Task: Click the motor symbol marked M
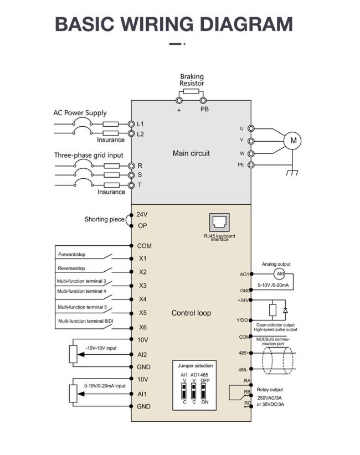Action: pos(292,141)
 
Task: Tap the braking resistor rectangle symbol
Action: pos(191,92)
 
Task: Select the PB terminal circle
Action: pos(203,101)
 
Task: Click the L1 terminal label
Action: pos(140,124)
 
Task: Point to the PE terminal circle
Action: pos(251,165)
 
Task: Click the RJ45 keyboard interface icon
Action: pos(219,223)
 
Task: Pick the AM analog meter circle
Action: pos(280,274)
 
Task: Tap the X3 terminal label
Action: pos(142,286)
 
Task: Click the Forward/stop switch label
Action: pos(71,255)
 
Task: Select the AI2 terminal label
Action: pos(142,355)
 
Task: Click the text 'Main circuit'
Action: pos(191,153)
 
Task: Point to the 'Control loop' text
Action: pos(191,313)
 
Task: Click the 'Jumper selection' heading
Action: pos(196,366)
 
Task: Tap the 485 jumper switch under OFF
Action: pos(203,391)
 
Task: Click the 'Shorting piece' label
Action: pos(104,219)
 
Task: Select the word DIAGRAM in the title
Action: pos(246,24)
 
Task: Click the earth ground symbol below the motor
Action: pos(292,173)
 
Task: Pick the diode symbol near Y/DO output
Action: pos(285,311)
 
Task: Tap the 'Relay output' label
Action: pos(270,390)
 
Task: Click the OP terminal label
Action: pos(142,226)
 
